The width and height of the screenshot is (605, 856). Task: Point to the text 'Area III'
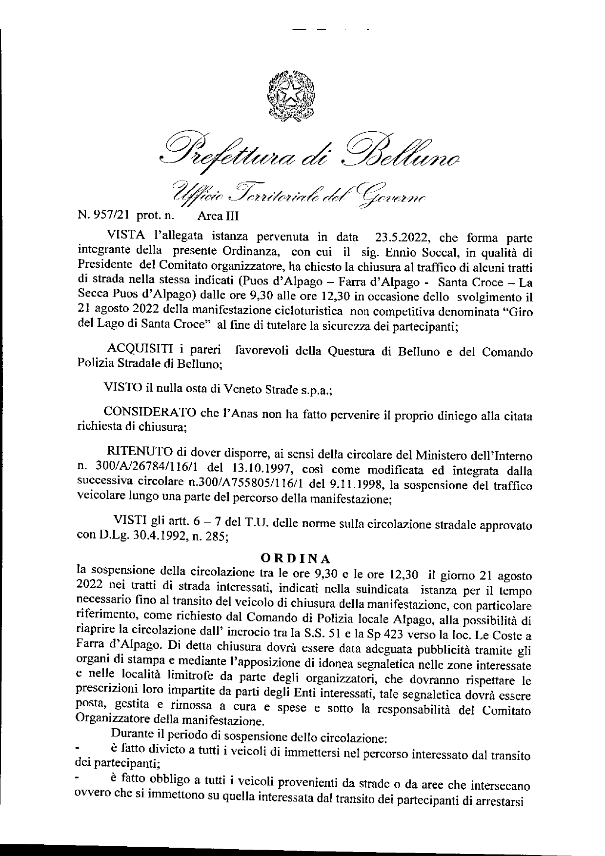tap(218, 214)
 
